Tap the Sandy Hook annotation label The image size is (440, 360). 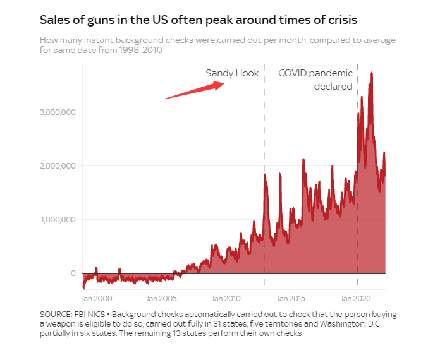(232, 73)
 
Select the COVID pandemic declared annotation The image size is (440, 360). (315, 80)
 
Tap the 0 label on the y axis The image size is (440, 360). (73, 273)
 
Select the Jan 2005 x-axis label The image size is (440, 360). (162, 297)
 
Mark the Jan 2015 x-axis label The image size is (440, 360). (292, 297)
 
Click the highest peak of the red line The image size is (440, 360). (372, 73)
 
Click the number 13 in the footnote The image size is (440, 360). (174, 334)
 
